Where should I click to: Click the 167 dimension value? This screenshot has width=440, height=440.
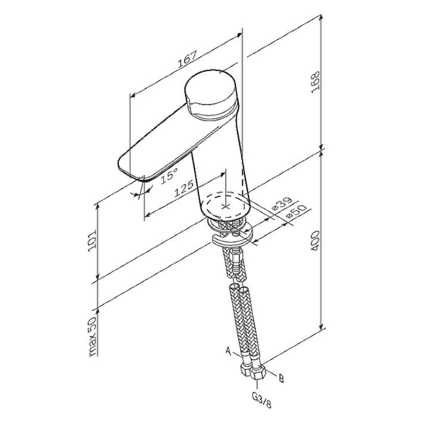coord(187,59)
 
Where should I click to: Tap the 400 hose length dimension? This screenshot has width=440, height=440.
coord(315,241)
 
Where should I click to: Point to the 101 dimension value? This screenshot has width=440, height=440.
coord(92,241)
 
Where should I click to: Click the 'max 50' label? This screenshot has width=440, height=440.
coord(92,336)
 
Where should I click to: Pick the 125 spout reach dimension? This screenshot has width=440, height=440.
coord(184,188)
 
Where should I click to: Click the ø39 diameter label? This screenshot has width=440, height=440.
coord(282,204)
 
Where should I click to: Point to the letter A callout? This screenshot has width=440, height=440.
coord(229,351)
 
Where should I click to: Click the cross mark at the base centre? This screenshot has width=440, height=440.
coord(226,207)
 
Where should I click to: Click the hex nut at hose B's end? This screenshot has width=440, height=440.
coord(257,372)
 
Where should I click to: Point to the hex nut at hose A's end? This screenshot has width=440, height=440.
coord(245,369)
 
